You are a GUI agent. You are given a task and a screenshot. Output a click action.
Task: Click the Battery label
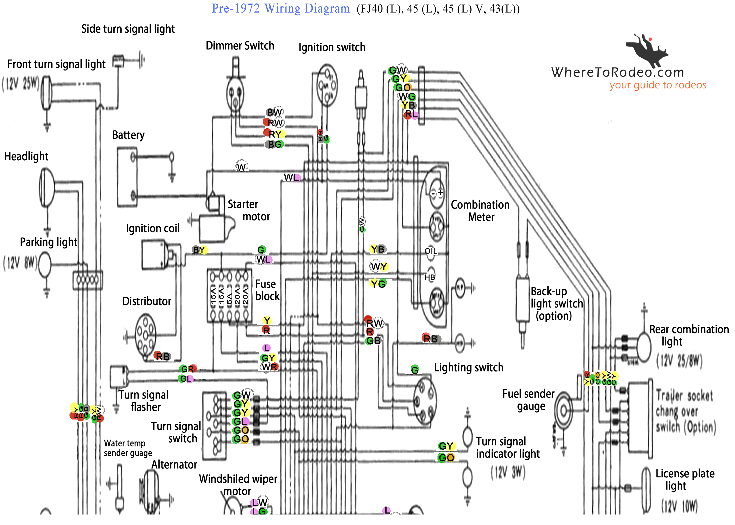click(128, 135)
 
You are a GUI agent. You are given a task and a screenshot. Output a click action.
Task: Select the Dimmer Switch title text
click(240, 45)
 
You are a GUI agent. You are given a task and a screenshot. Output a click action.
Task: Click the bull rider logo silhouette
click(646, 50)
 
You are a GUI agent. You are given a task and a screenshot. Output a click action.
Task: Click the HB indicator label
click(430, 277)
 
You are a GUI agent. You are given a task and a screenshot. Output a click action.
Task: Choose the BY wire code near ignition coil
click(200, 250)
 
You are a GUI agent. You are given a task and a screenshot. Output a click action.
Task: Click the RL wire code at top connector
click(411, 114)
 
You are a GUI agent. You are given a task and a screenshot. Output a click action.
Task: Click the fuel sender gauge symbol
click(563, 411)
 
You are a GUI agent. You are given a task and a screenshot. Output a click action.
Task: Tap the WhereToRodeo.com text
click(617, 72)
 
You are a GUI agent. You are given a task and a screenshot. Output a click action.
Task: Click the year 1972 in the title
click(247, 8)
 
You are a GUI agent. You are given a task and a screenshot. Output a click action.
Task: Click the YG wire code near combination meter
click(378, 284)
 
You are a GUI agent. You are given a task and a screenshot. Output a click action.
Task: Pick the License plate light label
click(685, 479)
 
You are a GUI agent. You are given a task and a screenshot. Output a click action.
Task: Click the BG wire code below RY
click(275, 144)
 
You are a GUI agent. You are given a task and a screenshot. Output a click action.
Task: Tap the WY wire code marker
click(378, 267)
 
